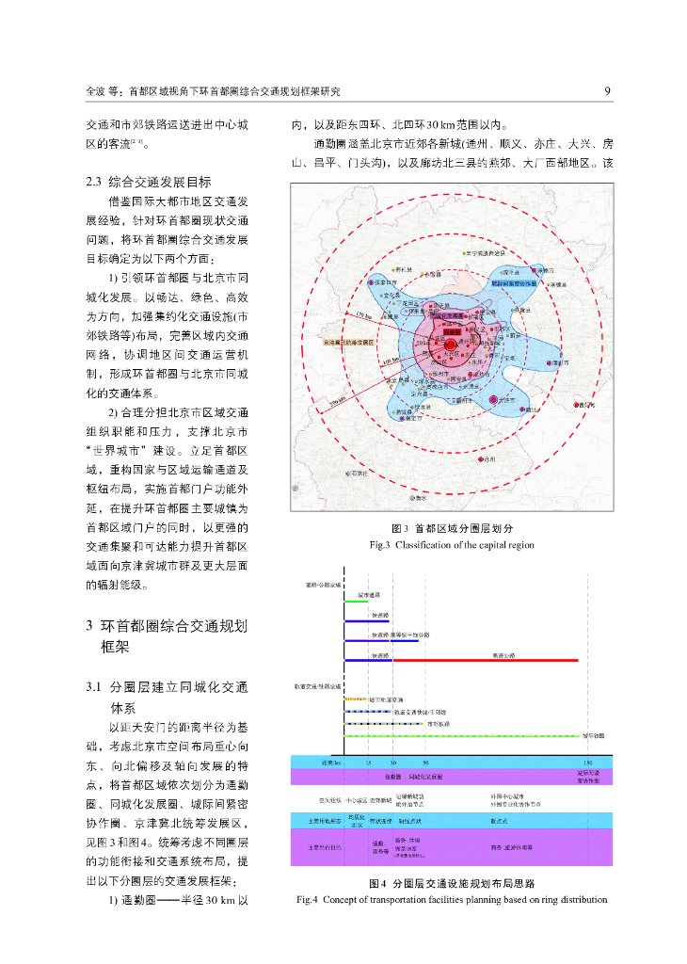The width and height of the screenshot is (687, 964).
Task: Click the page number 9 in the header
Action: pyautogui.click(x=608, y=91)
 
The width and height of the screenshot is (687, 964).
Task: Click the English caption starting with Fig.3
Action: pyautogui.click(x=451, y=545)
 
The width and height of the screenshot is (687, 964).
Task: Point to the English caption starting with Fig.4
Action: pyautogui.click(x=451, y=900)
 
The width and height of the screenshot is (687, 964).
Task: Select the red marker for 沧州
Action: pyautogui.click(x=481, y=459)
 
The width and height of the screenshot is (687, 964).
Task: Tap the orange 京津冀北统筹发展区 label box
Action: pyautogui.click(x=349, y=343)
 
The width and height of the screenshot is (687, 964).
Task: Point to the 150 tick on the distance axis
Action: pyautogui.click(x=587, y=761)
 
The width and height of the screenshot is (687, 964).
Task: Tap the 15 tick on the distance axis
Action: pyautogui.click(x=369, y=761)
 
